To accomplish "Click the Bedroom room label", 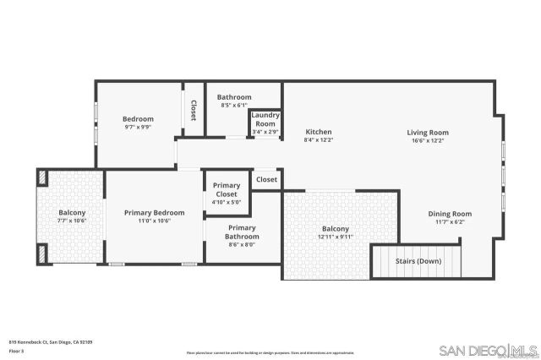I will click(x=138, y=119).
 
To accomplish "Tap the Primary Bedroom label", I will click(x=154, y=212).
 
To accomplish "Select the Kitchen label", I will click(x=318, y=132).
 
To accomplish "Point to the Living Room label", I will click(x=428, y=132).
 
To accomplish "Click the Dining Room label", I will click(x=450, y=214).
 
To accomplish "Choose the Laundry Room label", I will click(x=265, y=119).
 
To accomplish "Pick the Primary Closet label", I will click(x=226, y=190).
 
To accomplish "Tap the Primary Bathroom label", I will click(x=242, y=232).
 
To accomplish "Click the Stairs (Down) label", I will click(x=418, y=261).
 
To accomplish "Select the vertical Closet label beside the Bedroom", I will click(x=194, y=110).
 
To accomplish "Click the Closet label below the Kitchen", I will click(x=266, y=179).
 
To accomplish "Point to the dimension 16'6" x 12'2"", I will click(x=428, y=140).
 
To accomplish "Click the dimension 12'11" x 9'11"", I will click(x=336, y=237).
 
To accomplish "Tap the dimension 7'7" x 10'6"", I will click(x=72, y=221).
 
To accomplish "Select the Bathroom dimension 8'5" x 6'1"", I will click(x=233, y=106).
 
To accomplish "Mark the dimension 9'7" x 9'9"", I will click(x=138, y=127).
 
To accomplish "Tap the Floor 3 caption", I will click(x=16, y=350).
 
